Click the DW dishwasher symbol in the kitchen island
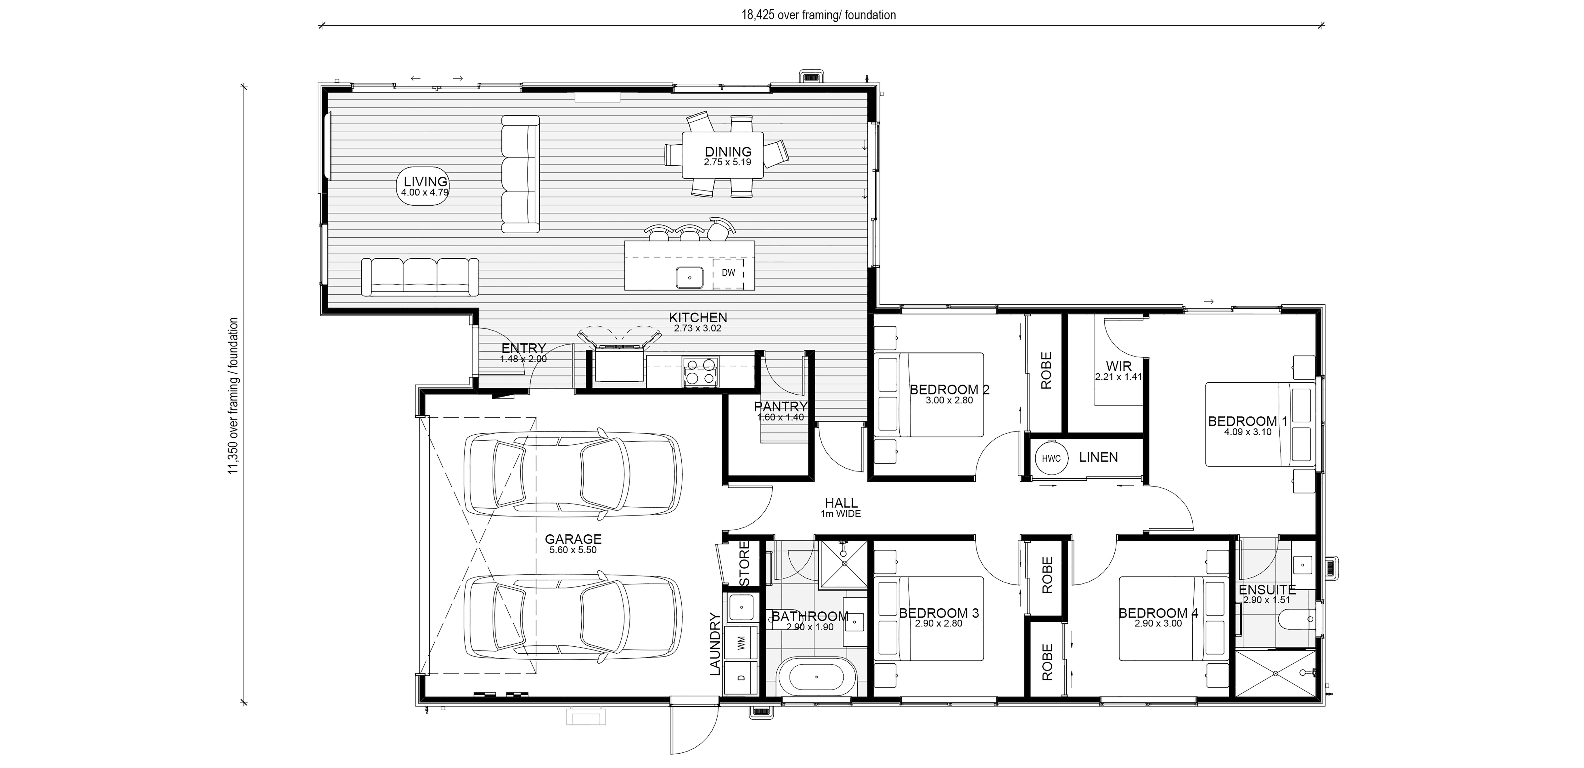[x=728, y=273]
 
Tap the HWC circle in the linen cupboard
[x=1051, y=458]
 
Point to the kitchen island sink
[x=690, y=277]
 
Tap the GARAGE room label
[x=573, y=539]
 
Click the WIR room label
[x=1118, y=367]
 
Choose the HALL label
[x=841, y=503]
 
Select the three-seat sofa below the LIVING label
[x=420, y=275]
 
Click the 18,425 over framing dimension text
[x=818, y=15]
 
